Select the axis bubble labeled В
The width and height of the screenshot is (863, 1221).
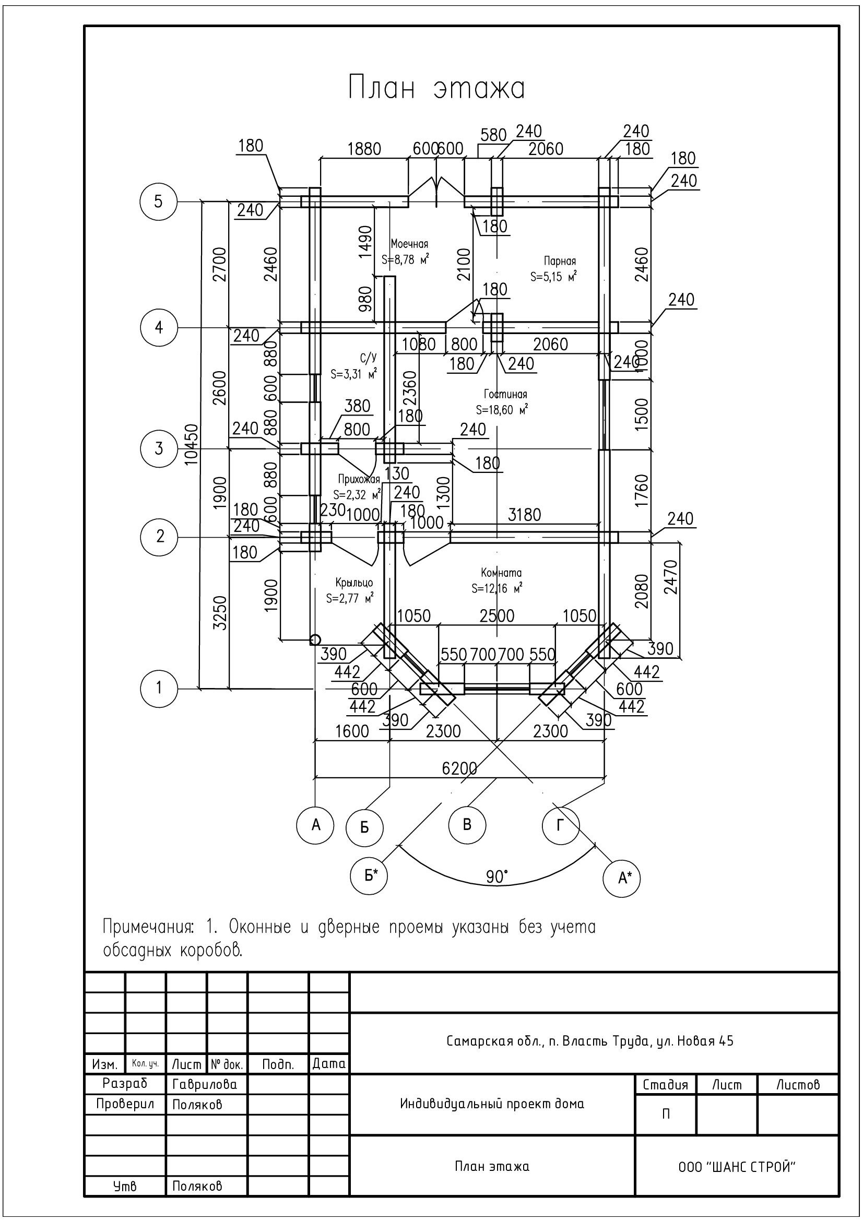pos(467,825)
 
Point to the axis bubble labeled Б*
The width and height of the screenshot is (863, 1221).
pos(369,875)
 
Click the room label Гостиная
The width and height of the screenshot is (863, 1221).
pos(505,394)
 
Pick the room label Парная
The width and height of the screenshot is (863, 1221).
pos(559,261)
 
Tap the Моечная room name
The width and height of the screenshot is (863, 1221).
pos(409,244)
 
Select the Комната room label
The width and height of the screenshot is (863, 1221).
pos(501,573)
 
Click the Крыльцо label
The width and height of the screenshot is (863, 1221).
pos(354,583)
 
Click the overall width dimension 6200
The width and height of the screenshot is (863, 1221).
pos(459,768)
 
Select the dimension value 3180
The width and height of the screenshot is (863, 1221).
pos(524,515)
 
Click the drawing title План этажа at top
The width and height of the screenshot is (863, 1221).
pos(436,88)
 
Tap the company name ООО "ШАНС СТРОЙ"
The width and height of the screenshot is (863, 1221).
pos(737,1167)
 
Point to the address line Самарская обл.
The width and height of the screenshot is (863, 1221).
pos(589,1041)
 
